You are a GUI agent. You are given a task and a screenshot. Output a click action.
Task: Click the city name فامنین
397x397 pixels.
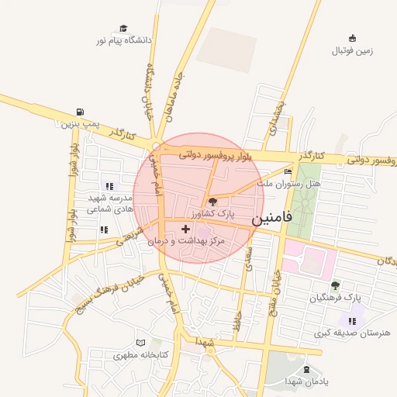click(273, 219)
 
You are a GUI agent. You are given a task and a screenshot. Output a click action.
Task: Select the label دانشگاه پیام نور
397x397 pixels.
click(124, 40)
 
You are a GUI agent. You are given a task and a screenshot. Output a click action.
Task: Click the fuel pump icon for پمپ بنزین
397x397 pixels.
click(80, 112)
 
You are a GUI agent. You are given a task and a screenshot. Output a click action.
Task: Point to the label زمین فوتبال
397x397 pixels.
click(353, 51)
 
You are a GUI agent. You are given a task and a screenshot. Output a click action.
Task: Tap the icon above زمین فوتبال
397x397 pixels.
click(353, 38)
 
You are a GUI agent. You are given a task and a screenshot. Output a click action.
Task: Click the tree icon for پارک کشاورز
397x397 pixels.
click(214, 202)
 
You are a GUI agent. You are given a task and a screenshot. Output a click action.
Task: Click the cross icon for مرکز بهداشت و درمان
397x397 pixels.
click(185, 230)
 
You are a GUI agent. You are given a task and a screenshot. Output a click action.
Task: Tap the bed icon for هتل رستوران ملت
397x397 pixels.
click(288, 172)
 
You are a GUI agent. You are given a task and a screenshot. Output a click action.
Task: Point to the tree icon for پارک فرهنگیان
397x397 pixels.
click(335, 285)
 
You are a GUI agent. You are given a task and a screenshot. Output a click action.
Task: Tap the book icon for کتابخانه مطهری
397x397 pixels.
click(140, 343)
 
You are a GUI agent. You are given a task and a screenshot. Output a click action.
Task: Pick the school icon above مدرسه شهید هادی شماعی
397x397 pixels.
click(109, 186)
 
